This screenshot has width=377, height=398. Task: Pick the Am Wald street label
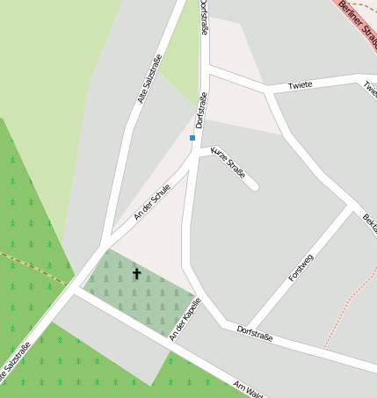(x=249, y=388)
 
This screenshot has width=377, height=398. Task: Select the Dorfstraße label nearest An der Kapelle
(x=255, y=333)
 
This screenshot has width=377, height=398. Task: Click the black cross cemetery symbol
(x=136, y=274)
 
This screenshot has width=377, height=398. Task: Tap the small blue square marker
(x=192, y=138)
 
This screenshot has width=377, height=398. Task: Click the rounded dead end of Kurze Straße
(x=253, y=185)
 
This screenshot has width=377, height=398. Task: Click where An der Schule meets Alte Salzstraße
(x=104, y=245)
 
